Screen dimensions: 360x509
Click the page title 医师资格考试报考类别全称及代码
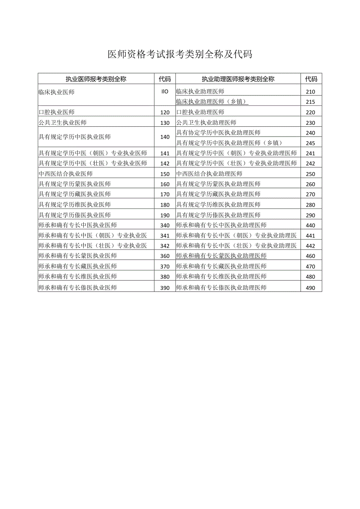click(180, 54)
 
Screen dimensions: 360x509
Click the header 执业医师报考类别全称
click(96, 79)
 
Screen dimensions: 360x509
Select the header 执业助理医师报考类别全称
click(238, 79)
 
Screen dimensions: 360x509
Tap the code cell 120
click(165, 112)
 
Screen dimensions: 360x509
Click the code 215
click(311, 102)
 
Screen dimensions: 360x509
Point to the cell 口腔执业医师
click(57, 112)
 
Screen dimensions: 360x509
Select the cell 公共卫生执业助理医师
click(206, 122)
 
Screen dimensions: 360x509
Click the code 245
click(311, 143)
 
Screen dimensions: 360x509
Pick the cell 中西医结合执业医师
click(66, 174)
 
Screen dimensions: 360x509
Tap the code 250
click(311, 174)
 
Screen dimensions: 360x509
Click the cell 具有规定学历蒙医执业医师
click(75, 184)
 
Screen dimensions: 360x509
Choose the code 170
click(165, 194)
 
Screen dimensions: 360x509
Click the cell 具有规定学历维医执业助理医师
click(218, 205)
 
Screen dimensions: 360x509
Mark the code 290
click(311, 215)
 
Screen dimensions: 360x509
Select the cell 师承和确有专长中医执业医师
click(78, 225)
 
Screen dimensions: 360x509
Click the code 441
click(311, 236)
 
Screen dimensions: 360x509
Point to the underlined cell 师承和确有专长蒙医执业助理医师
click(221, 256)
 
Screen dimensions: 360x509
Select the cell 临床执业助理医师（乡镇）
click(212, 102)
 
